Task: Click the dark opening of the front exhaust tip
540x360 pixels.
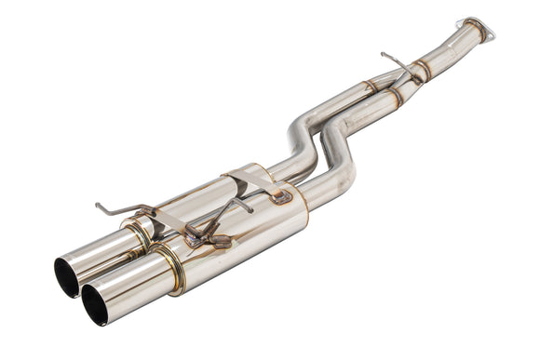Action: point(94,304)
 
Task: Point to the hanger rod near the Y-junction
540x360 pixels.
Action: point(395,64)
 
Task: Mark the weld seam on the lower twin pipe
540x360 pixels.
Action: point(395,96)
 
